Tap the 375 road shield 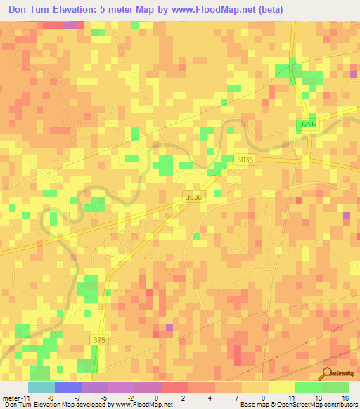[x=100, y=339]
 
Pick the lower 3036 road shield [x=193, y=197]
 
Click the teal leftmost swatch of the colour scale [x=41, y=387]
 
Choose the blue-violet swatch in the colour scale [x=67, y=387]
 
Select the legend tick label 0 [x=156, y=398]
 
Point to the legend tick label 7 [x=238, y=398]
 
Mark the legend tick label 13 [x=319, y=398]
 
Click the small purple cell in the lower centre [x=169, y=327]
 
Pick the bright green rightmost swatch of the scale [x=335, y=387]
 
